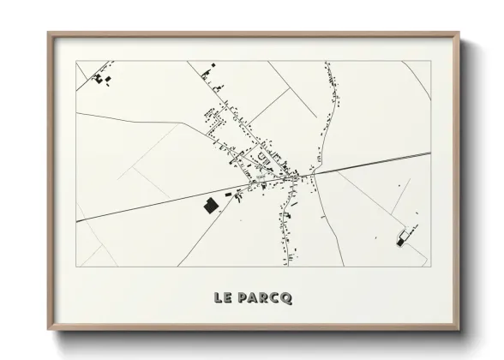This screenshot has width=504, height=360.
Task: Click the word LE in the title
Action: point(225,297)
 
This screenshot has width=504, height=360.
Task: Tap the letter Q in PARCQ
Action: point(285,297)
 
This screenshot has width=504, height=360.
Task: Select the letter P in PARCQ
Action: point(243,297)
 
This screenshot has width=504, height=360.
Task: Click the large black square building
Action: point(209,206)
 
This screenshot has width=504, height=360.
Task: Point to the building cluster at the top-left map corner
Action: point(102,77)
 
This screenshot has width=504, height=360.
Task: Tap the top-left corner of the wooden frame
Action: point(49,34)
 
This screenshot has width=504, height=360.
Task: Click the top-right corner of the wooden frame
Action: point(459,34)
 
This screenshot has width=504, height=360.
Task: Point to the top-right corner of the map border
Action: point(430,61)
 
